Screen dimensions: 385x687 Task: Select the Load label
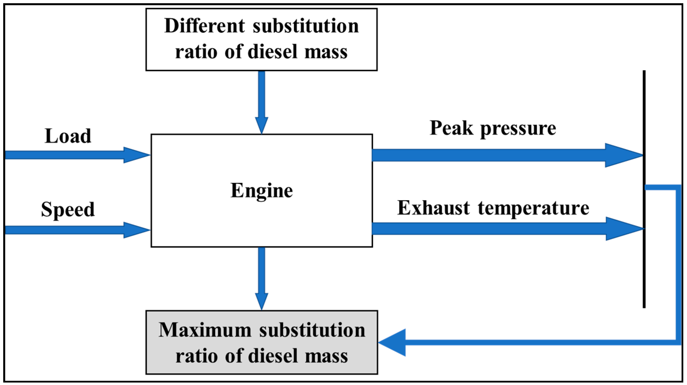[x=68, y=136]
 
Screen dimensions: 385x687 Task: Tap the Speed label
[x=68, y=209]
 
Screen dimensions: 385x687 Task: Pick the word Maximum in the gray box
[x=205, y=330]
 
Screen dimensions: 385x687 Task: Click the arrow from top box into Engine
[x=262, y=102]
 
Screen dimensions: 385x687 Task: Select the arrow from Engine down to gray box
[x=262, y=278]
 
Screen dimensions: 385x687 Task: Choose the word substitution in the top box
[x=306, y=26]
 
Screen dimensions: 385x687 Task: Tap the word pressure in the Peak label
[x=518, y=129]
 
